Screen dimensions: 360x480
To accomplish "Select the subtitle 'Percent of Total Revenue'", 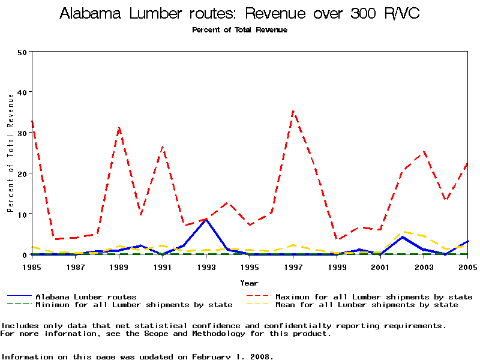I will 239,30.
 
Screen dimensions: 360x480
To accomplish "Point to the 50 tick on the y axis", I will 23,52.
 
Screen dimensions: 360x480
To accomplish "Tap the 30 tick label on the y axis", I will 23,133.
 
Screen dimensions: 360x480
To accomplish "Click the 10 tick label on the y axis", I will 23,214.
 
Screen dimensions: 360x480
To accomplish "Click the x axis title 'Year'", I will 249,283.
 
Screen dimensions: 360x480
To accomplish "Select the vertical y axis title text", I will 10,161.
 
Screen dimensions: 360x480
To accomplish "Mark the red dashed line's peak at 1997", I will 293,111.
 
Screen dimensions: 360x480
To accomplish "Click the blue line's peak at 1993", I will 206,220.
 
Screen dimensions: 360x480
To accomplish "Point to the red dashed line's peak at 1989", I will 119,127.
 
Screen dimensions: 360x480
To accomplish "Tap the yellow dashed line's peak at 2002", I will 402,232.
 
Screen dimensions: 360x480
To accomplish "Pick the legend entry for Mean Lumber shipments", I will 367,305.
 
